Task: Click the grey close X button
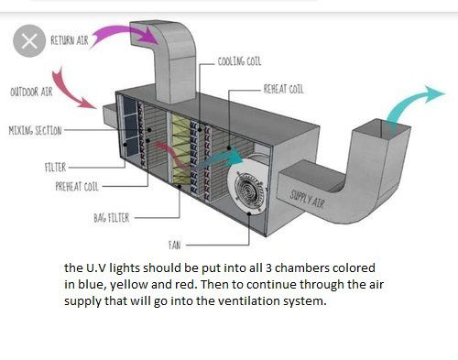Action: coord(29,41)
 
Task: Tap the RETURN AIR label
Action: coord(70,40)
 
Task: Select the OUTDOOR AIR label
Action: coord(31,92)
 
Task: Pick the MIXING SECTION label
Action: coord(35,130)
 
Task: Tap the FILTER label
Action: coord(55,168)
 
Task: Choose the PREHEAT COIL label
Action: coord(77,186)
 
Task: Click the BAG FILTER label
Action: coord(112,218)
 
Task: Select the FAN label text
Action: coord(174,245)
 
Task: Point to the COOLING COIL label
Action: coord(239,61)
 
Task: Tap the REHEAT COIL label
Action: coord(284,89)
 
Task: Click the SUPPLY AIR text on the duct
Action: coord(307,199)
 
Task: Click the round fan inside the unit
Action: coord(248,186)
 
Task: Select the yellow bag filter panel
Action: coord(181,149)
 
